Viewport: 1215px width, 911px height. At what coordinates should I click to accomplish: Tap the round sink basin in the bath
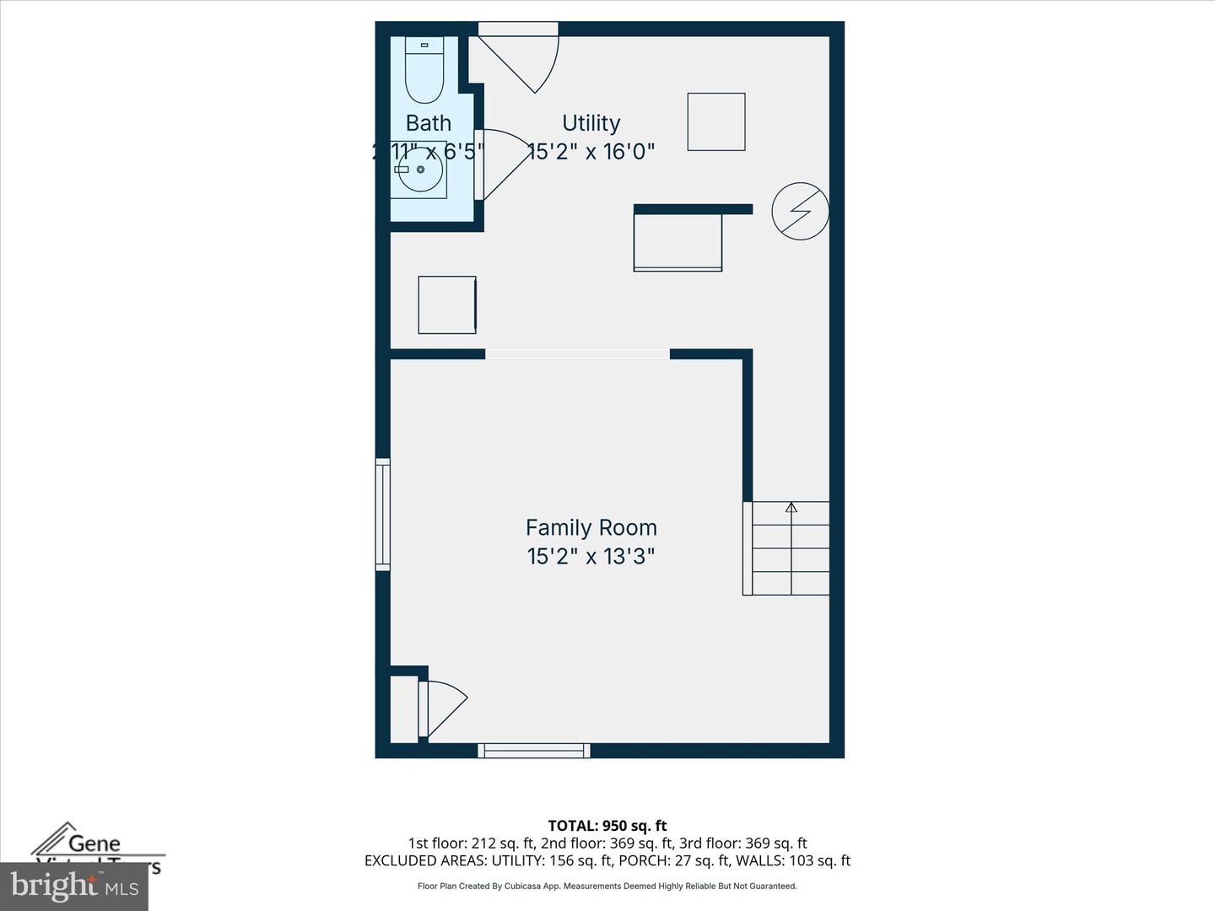tap(420, 170)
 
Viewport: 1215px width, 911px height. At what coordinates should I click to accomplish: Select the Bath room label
tap(429, 123)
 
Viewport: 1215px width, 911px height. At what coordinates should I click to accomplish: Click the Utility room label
tap(591, 123)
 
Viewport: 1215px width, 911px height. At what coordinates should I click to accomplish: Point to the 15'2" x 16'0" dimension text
tap(591, 152)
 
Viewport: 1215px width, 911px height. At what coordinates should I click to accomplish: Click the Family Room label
tap(591, 528)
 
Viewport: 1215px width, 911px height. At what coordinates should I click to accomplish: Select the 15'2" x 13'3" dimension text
tap(591, 557)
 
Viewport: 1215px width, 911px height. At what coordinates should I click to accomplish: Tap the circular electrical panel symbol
tap(800, 211)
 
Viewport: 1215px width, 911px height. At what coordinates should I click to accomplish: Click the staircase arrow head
tap(791, 507)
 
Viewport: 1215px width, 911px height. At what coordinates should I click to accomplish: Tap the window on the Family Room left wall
tap(383, 515)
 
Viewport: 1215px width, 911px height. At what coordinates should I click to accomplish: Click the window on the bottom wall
tap(534, 750)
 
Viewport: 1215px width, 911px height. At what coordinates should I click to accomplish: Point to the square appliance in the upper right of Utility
tap(716, 122)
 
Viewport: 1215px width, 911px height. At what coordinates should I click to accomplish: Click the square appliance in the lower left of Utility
tap(447, 305)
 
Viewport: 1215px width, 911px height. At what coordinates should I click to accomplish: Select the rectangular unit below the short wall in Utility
tap(678, 243)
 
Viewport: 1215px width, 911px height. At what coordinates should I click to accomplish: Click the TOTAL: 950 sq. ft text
tap(607, 826)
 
